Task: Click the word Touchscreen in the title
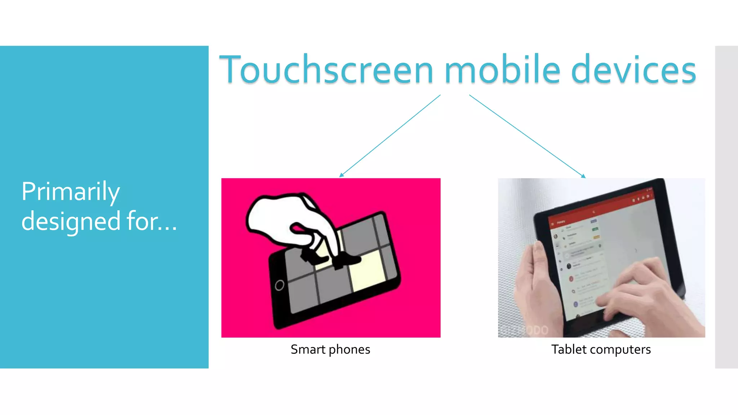[x=326, y=70]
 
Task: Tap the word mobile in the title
[x=503, y=70]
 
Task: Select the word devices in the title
[x=633, y=70]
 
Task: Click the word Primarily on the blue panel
[x=71, y=192]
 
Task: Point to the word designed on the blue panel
[x=71, y=221]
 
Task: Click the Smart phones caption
[x=330, y=349]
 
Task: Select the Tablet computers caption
[x=601, y=349]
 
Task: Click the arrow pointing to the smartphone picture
[x=389, y=136]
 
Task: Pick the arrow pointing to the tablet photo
[x=527, y=136]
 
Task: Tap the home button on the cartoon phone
[x=279, y=285]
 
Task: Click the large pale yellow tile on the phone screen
[x=368, y=270]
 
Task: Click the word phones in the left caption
[x=349, y=349]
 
